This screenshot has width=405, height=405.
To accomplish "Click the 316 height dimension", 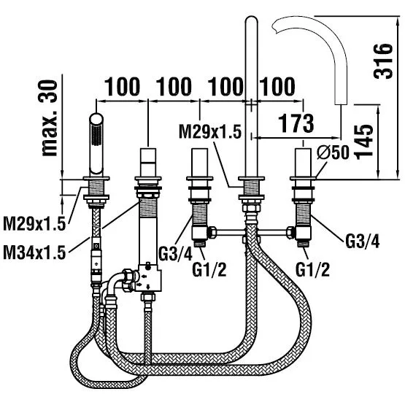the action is click(x=383, y=61).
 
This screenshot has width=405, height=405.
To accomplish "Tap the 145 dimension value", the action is click(x=363, y=142).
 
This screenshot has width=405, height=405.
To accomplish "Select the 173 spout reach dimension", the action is click(x=296, y=123).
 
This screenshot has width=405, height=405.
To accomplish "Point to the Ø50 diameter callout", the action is click(x=333, y=152).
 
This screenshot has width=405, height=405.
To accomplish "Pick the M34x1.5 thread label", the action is click(x=34, y=252).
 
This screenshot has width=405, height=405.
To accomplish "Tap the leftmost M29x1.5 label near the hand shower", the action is click(x=34, y=224).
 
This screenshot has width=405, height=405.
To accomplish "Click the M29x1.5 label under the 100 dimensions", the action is click(x=210, y=131).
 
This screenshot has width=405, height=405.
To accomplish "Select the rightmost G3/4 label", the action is click(x=363, y=242).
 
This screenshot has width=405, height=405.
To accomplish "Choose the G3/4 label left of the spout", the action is click(x=175, y=254).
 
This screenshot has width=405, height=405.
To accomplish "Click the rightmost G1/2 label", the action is click(x=312, y=270).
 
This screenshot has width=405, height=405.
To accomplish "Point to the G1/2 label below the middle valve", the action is click(x=209, y=270).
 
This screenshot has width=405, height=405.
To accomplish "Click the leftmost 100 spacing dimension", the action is click(x=122, y=87).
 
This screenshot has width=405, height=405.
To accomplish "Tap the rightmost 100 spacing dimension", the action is click(x=277, y=87).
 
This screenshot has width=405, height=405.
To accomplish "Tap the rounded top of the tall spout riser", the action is click(x=251, y=20).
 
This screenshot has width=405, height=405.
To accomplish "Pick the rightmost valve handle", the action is click(x=303, y=162).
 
